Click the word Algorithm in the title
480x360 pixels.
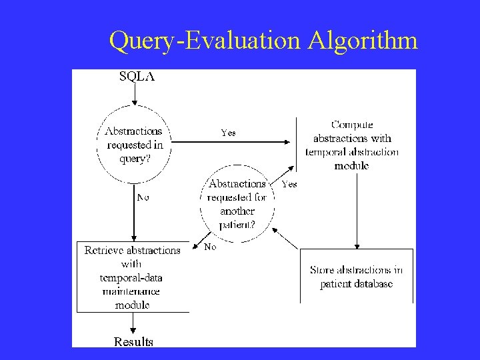tap(363, 41)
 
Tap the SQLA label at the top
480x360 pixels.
tap(136, 76)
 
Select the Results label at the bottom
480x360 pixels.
tap(133, 341)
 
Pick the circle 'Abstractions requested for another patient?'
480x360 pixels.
tap(237, 203)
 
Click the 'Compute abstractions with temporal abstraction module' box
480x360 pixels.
tap(351, 145)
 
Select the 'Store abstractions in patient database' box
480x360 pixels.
tap(356, 276)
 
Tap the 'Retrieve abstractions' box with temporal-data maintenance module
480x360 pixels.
tap(133, 277)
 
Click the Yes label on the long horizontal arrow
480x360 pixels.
tap(228, 133)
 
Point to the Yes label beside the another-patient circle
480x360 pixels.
tap(289, 184)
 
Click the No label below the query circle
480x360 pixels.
tap(143, 197)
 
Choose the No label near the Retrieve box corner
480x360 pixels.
tap(210, 247)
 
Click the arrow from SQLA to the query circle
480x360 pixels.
tap(134, 94)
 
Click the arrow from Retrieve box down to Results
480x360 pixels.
tap(133, 323)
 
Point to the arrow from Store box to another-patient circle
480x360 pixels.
tap(287, 238)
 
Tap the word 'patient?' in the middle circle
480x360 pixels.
tap(237, 224)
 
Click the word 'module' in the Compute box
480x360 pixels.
tap(351, 165)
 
